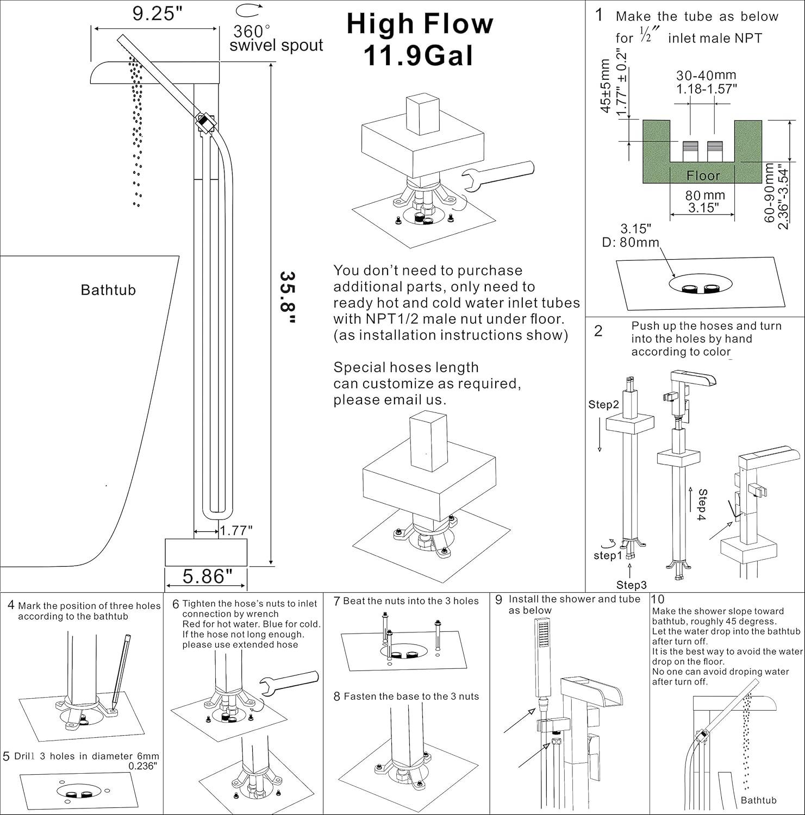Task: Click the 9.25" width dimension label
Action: [157, 14]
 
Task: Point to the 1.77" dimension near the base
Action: [236, 530]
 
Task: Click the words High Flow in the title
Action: [420, 24]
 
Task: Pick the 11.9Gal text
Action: [418, 56]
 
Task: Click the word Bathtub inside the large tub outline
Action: [108, 290]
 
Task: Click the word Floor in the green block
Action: [703, 175]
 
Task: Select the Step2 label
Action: [603, 405]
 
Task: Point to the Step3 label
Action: [631, 585]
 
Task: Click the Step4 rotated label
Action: [702, 505]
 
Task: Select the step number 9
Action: [498, 600]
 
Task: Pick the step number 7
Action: [337, 601]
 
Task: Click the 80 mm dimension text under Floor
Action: [704, 195]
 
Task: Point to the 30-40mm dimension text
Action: [706, 76]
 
